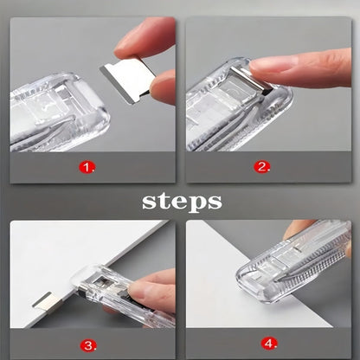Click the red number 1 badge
(x=87, y=167)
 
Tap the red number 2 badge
(x=261, y=166)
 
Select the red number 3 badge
(x=88, y=344)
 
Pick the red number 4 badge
(x=269, y=344)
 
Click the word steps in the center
(x=182, y=201)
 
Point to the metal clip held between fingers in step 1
(x=127, y=80)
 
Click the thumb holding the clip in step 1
(x=164, y=87)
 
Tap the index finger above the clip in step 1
(x=145, y=37)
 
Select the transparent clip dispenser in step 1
(x=58, y=112)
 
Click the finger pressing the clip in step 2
(x=300, y=68)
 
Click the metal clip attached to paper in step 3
(x=47, y=303)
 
